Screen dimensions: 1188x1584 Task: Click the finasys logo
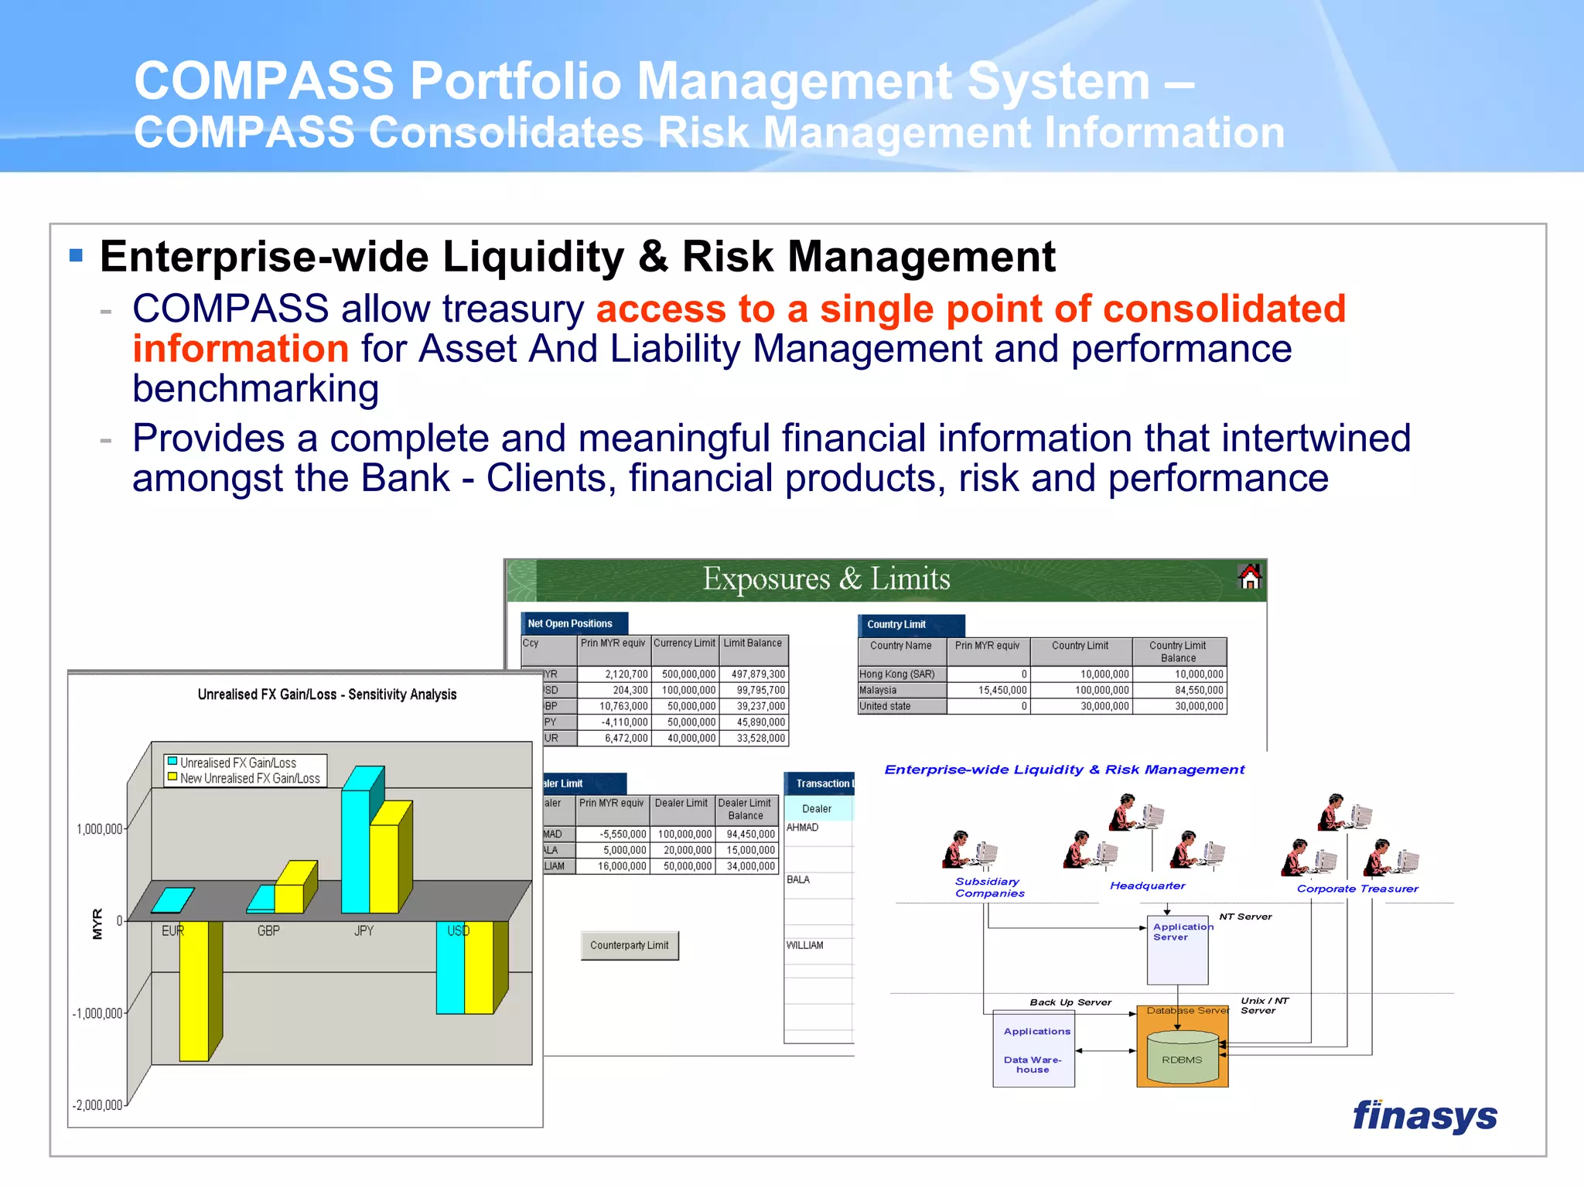click(1424, 1116)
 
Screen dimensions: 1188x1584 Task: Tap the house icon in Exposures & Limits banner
click(1249, 577)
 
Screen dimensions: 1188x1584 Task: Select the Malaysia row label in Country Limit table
click(878, 690)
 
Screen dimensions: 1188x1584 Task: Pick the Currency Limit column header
click(684, 643)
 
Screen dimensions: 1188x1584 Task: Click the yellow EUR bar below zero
click(194, 990)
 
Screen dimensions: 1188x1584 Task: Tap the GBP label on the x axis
click(268, 931)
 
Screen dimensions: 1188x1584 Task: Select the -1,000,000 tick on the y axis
click(97, 1014)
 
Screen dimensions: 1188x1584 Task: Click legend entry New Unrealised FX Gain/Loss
click(249, 779)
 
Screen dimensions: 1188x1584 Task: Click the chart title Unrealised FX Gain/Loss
click(326, 695)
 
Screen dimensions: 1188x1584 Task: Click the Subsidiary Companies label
click(988, 887)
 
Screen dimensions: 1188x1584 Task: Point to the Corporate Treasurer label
click(1357, 889)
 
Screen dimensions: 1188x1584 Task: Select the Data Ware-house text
click(1033, 1065)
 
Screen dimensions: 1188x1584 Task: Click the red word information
click(241, 349)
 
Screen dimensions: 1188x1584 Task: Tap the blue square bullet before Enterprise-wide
click(76, 255)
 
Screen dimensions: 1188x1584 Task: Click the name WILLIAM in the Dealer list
click(805, 945)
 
